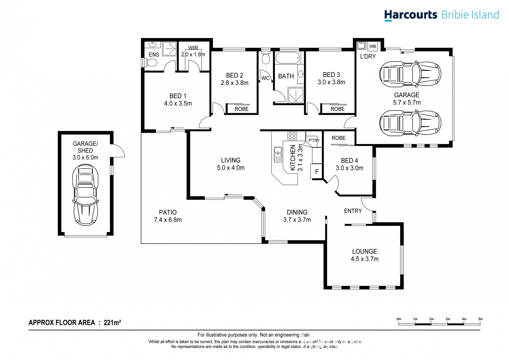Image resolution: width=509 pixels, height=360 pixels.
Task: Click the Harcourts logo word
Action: (411, 15)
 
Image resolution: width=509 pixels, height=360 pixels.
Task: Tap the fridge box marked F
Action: (316, 171)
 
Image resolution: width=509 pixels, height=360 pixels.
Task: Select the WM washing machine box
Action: (372, 46)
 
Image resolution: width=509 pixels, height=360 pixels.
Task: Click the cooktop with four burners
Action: (292, 136)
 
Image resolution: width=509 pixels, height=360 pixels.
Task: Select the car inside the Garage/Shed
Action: (85, 195)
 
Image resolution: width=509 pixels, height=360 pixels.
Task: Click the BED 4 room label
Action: (349, 160)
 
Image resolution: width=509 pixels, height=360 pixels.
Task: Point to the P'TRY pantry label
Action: (314, 140)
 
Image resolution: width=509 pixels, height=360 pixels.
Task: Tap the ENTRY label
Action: (353, 211)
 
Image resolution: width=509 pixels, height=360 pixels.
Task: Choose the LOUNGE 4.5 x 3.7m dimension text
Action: (364, 259)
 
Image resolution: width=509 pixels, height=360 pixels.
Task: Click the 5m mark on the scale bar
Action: (480, 319)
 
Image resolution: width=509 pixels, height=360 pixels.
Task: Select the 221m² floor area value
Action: (112, 322)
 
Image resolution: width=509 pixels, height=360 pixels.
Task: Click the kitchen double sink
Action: (278, 155)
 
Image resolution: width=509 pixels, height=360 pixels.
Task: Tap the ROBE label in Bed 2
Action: (241, 109)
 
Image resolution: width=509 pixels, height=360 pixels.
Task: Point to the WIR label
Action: (193, 48)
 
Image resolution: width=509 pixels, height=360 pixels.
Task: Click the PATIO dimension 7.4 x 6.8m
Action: (168, 220)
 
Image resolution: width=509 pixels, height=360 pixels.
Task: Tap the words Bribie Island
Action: (470, 15)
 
